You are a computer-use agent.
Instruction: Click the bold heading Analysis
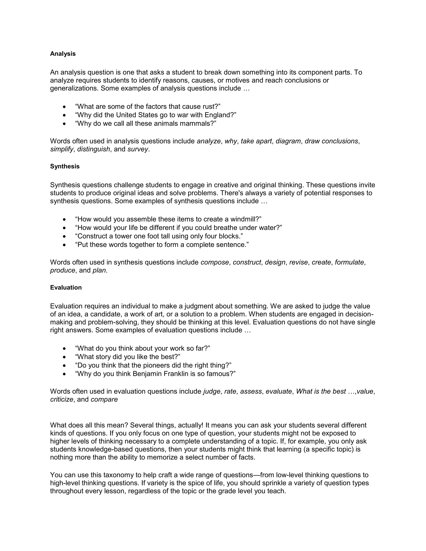[x=63, y=54]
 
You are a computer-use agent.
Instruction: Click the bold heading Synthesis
[x=65, y=167]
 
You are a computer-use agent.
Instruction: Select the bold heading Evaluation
[x=66, y=288]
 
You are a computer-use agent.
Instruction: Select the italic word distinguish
[x=94, y=149]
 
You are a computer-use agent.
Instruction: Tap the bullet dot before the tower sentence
[x=65, y=236]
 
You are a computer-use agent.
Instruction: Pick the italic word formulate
[x=349, y=262]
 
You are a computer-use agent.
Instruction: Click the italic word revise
[x=298, y=262]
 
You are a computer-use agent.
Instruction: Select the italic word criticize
[x=62, y=400]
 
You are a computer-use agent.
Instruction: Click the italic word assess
[x=251, y=392]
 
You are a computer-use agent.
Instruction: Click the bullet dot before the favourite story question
[x=65, y=357]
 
